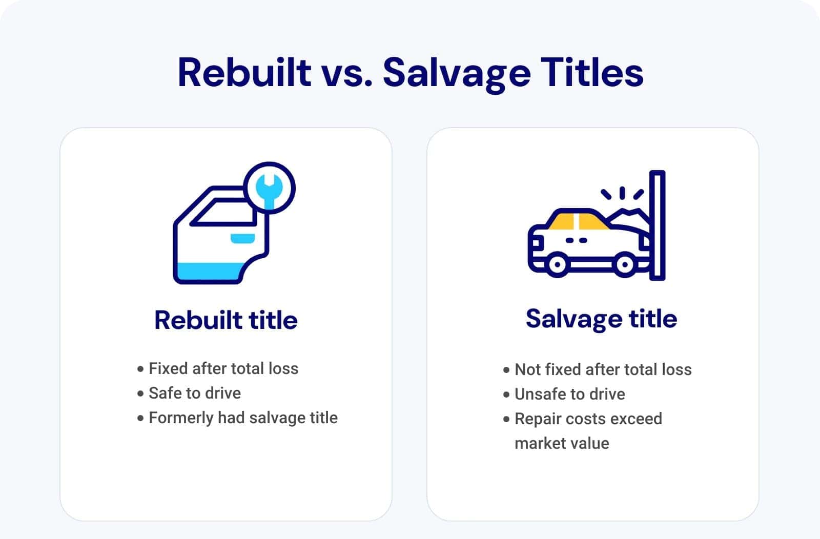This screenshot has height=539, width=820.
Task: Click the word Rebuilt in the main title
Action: (x=244, y=72)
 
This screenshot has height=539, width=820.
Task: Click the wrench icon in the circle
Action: (x=270, y=188)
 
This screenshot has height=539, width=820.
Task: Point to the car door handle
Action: (x=242, y=238)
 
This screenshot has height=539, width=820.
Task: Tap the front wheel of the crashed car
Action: (x=625, y=264)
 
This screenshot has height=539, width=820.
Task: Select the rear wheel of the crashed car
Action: (x=557, y=264)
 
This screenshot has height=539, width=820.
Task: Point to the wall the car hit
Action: (x=657, y=225)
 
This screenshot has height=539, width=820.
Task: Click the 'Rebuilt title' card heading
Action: (x=226, y=320)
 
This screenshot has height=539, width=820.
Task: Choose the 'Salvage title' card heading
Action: (x=601, y=319)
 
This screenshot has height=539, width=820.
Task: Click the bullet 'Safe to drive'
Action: (x=194, y=393)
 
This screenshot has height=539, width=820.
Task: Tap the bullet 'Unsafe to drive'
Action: (x=569, y=394)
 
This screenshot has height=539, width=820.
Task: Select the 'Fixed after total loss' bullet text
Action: (x=223, y=368)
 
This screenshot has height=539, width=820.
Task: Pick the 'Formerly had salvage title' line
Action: (x=243, y=418)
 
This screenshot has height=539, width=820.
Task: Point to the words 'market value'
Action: (x=562, y=443)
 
